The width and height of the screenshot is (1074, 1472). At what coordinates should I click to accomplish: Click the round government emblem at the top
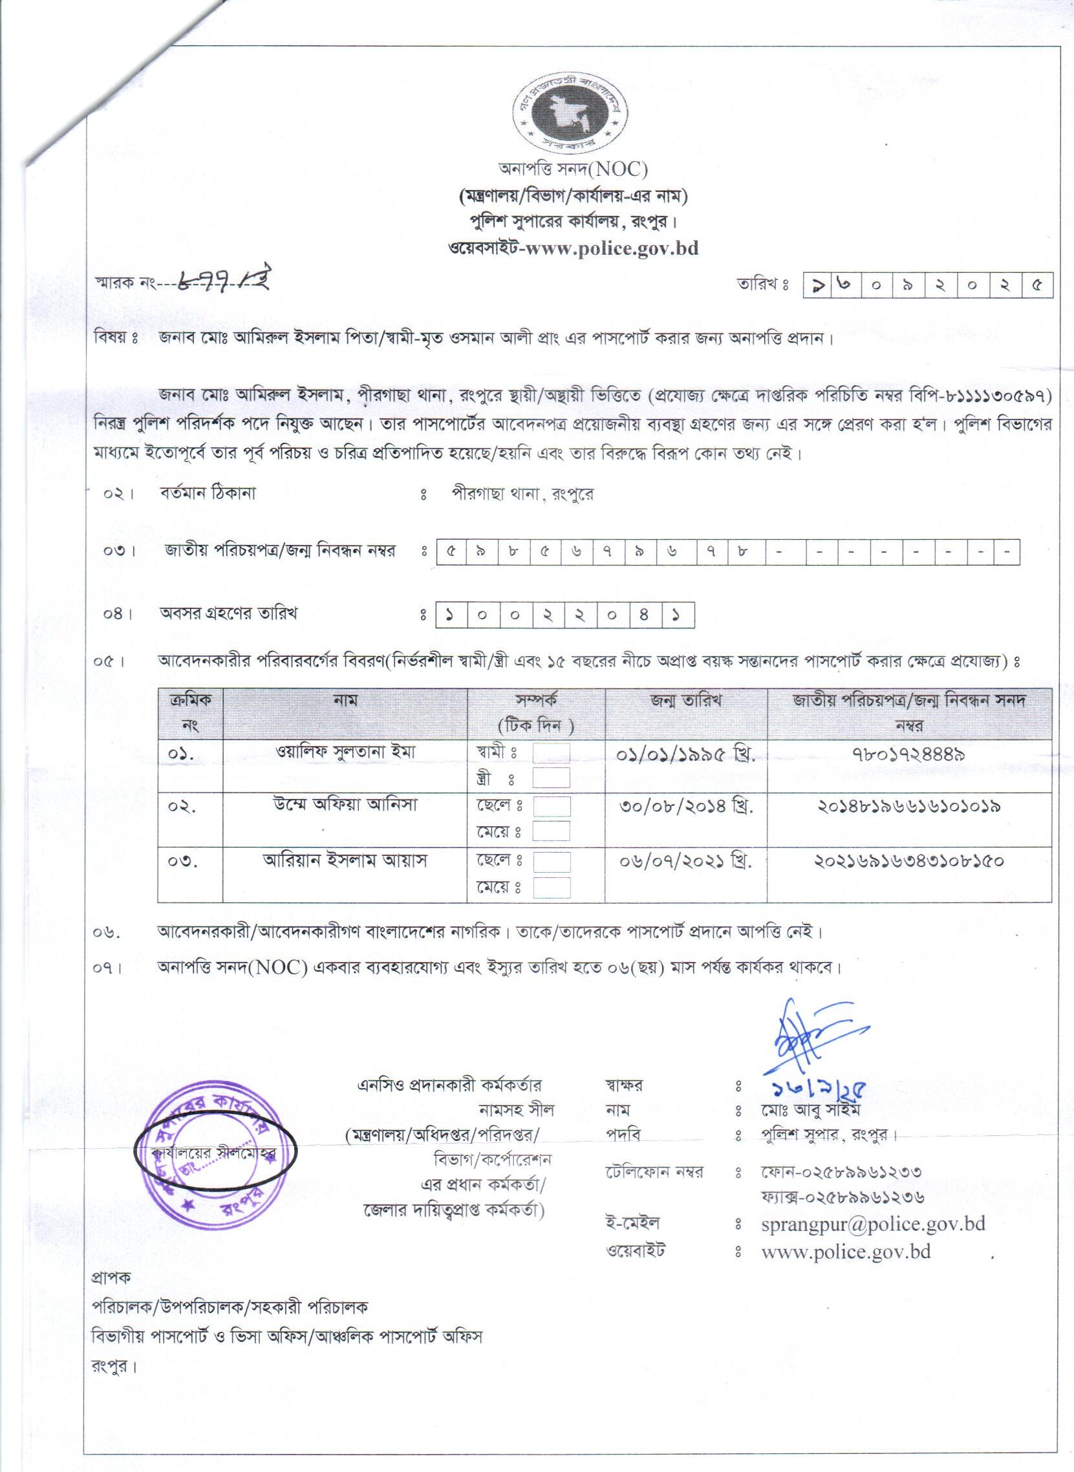pos(564,114)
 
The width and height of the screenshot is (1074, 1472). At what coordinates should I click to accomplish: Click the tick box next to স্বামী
pos(551,754)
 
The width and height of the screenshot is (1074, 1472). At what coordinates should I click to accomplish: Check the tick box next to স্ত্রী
pos(551,778)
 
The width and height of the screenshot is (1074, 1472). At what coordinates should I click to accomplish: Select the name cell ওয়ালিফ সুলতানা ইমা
pos(345,752)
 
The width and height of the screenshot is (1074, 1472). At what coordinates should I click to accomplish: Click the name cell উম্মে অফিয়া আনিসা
pos(345,805)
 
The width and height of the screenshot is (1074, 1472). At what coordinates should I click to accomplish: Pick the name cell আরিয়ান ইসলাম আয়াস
pos(345,861)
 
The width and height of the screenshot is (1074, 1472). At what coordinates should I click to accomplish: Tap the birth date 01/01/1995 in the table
pos(685,754)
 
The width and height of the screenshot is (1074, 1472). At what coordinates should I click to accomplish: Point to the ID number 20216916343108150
pos(909,862)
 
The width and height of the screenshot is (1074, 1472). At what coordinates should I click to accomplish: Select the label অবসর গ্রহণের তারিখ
pos(228,613)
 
